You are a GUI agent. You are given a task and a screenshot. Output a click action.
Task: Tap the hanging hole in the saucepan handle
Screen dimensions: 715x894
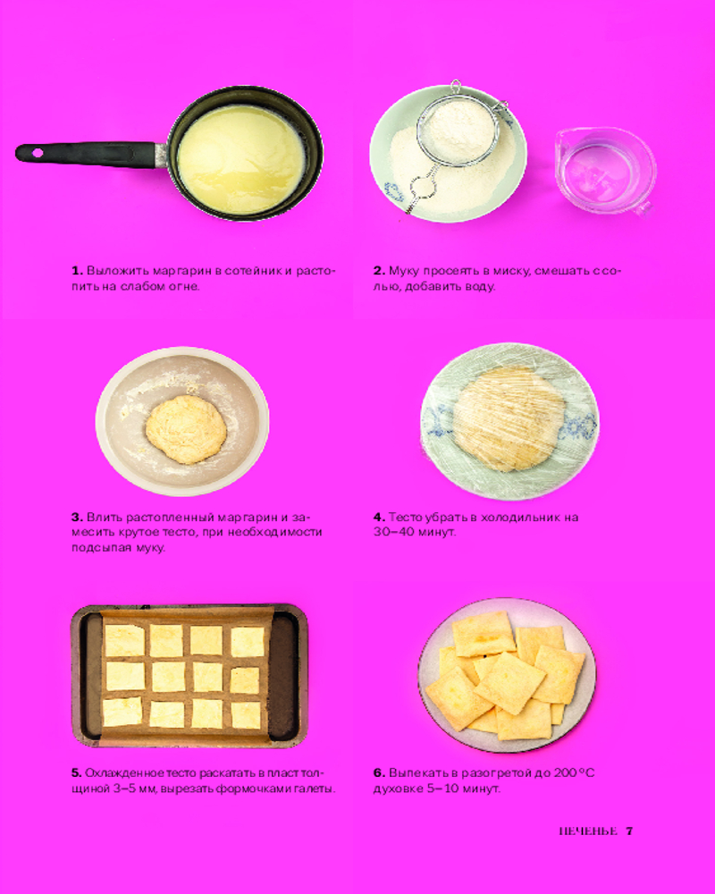tap(38, 153)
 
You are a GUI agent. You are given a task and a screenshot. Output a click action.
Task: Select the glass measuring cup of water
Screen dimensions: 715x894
tap(606, 171)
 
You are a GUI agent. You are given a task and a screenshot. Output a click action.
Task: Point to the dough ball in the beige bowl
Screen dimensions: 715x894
tap(186, 429)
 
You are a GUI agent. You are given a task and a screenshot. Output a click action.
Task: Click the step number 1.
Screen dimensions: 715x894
tap(77, 270)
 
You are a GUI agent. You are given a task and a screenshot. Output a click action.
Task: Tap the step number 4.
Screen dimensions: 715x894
tap(379, 517)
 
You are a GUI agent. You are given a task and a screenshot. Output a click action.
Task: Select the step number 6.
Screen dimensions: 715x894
tap(379, 773)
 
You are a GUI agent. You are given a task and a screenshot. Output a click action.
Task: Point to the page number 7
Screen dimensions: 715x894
tap(629, 831)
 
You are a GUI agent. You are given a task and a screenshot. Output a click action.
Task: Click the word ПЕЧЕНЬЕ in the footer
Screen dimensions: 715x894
tap(588, 831)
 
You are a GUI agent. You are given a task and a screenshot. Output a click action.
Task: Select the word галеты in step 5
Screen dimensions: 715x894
tap(317, 789)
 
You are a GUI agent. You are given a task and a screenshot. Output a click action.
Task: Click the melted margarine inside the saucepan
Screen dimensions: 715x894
tap(241, 160)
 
